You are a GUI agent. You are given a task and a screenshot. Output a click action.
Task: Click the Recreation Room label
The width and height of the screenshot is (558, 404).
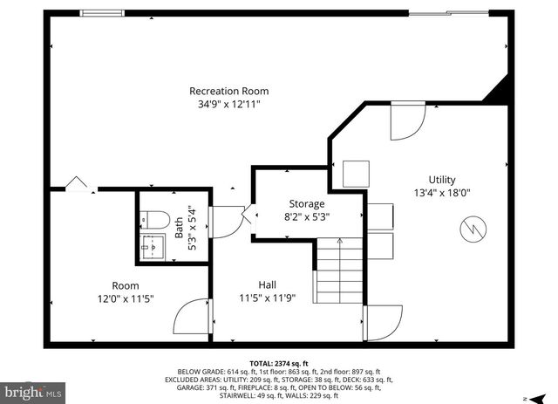click(229, 91)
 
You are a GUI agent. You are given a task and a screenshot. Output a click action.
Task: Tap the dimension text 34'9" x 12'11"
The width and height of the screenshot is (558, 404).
click(229, 104)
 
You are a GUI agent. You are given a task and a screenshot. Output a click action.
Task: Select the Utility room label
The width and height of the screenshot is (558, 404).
click(442, 180)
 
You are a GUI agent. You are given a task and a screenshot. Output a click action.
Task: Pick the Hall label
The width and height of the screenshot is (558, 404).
click(268, 284)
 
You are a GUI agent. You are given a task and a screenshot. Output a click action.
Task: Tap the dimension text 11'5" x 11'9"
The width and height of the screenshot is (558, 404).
click(268, 298)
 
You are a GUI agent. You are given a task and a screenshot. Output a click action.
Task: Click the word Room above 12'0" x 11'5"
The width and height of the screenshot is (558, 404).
click(125, 285)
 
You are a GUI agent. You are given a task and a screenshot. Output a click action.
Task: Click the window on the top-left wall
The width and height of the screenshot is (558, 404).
click(103, 12)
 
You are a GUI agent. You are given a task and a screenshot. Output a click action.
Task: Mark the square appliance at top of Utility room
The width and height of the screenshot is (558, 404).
click(356, 174)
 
